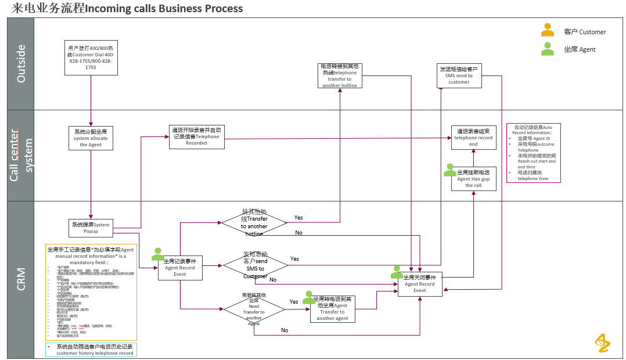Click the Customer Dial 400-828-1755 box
click(x=91, y=58)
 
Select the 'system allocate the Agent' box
click(x=91, y=138)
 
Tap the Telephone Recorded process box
click(x=196, y=137)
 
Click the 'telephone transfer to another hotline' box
click(x=340, y=76)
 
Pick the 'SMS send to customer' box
click(x=459, y=76)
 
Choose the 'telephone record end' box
click(x=473, y=138)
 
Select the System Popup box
click(x=90, y=228)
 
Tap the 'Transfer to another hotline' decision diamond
click(x=254, y=222)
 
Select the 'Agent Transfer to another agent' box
click(x=332, y=309)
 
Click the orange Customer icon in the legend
click(x=547, y=31)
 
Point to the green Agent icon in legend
click(x=547, y=49)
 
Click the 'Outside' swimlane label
click(x=21, y=64)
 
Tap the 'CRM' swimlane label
click(x=21, y=279)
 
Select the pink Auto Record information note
click(x=533, y=153)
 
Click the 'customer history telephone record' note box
click(x=91, y=350)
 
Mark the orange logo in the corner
click(x=602, y=343)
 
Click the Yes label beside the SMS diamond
click(x=294, y=259)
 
